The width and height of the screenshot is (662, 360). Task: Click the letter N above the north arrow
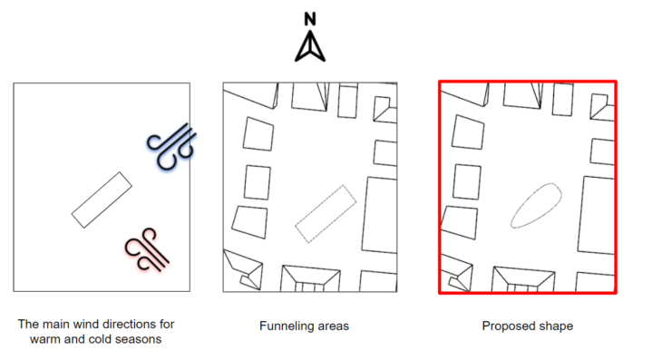(x=310, y=19)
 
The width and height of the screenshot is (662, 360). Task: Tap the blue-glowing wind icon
(x=172, y=146)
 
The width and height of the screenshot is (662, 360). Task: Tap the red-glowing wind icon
(x=147, y=250)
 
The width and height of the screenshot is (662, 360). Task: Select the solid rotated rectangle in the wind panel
(x=102, y=199)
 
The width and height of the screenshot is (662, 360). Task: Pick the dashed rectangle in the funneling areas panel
(x=326, y=214)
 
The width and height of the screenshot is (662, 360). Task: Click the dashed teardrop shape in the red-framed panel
(x=536, y=206)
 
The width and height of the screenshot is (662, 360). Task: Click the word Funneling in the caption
(x=283, y=326)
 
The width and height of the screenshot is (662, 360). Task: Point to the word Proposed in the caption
(x=504, y=326)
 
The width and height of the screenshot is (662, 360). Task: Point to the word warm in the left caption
(x=45, y=339)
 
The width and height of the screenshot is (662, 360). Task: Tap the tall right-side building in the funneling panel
(x=380, y=215)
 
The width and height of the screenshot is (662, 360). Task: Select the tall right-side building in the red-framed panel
(x=596, y=215)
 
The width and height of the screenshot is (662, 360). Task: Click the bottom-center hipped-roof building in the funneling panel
(x=310, y=278)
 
